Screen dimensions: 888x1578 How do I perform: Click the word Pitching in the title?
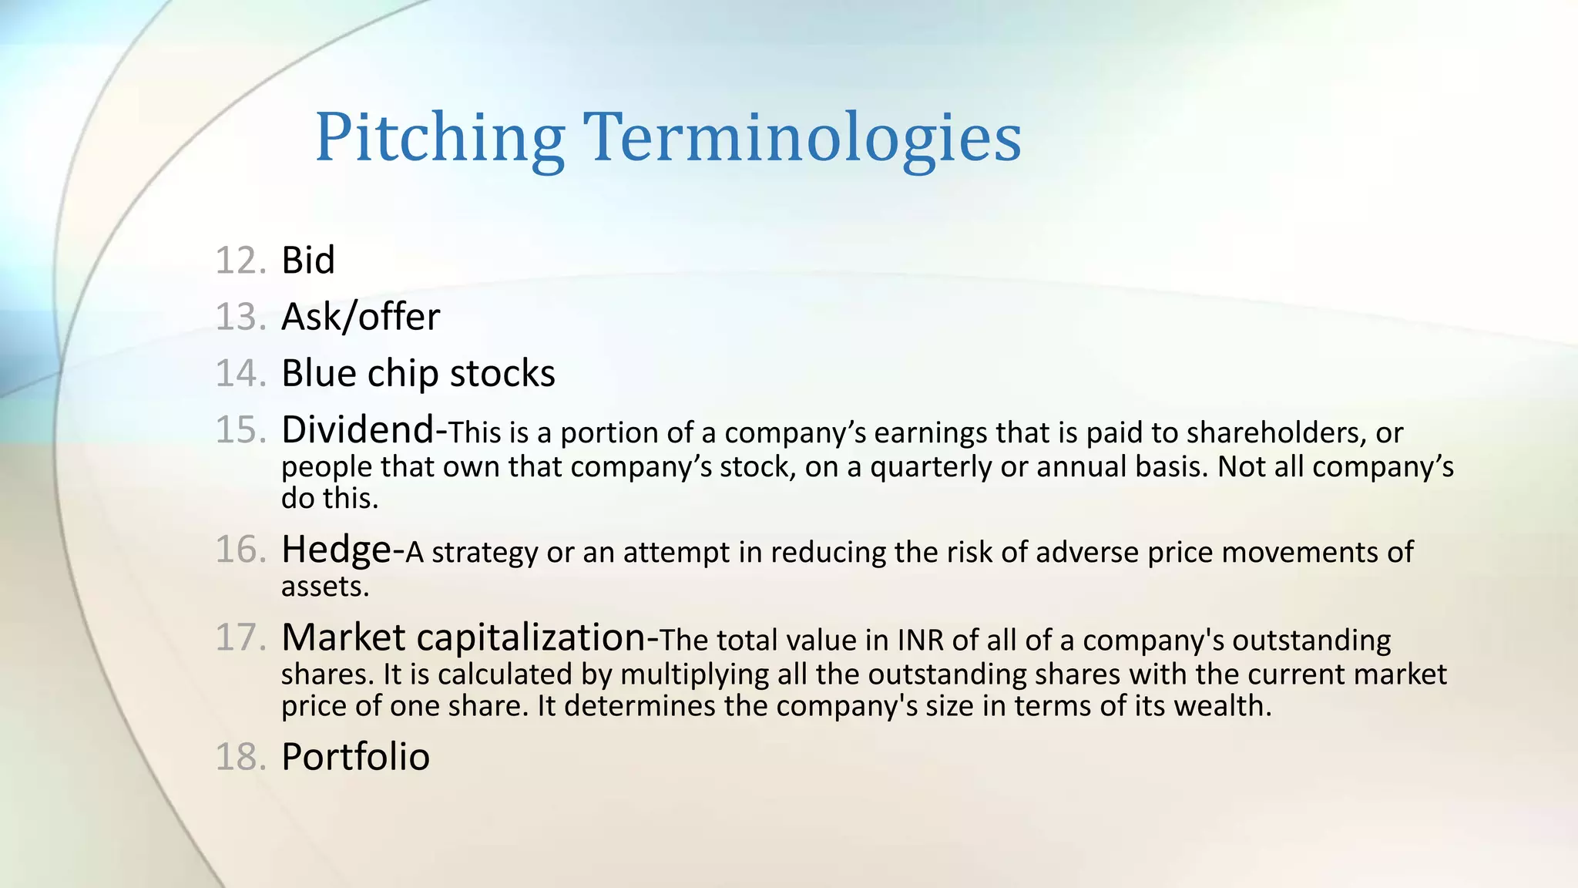[440, 139]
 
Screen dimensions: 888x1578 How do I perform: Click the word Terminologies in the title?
[802, 139]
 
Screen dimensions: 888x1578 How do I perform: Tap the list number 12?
[240, 261]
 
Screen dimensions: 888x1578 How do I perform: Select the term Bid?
[308, 261]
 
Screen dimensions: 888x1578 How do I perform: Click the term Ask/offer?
[361, 317]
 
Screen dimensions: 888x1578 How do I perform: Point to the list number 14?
[240, 374]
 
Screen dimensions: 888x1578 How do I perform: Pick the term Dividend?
[358, 429]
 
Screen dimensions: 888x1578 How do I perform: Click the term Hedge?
[337, 550]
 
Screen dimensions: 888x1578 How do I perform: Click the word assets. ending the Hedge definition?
[325, 587]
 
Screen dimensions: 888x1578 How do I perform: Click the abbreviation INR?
[920, 641]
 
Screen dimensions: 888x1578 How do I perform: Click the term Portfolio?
[355, 757]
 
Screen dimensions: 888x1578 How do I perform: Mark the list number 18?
[240, 757]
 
